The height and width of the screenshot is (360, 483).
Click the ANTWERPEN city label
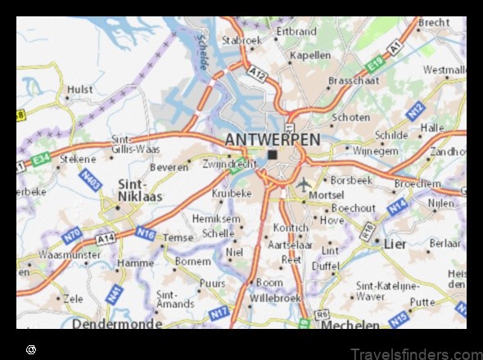point(273,139)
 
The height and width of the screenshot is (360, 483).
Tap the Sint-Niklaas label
point(141,191)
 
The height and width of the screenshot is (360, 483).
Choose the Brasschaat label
point(354,81)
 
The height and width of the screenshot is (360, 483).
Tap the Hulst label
point(80,89)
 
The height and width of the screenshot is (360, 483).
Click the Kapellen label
point(311,56)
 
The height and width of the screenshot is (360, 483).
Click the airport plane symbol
point(305,184)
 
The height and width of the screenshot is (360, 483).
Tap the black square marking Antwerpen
point(272,154)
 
